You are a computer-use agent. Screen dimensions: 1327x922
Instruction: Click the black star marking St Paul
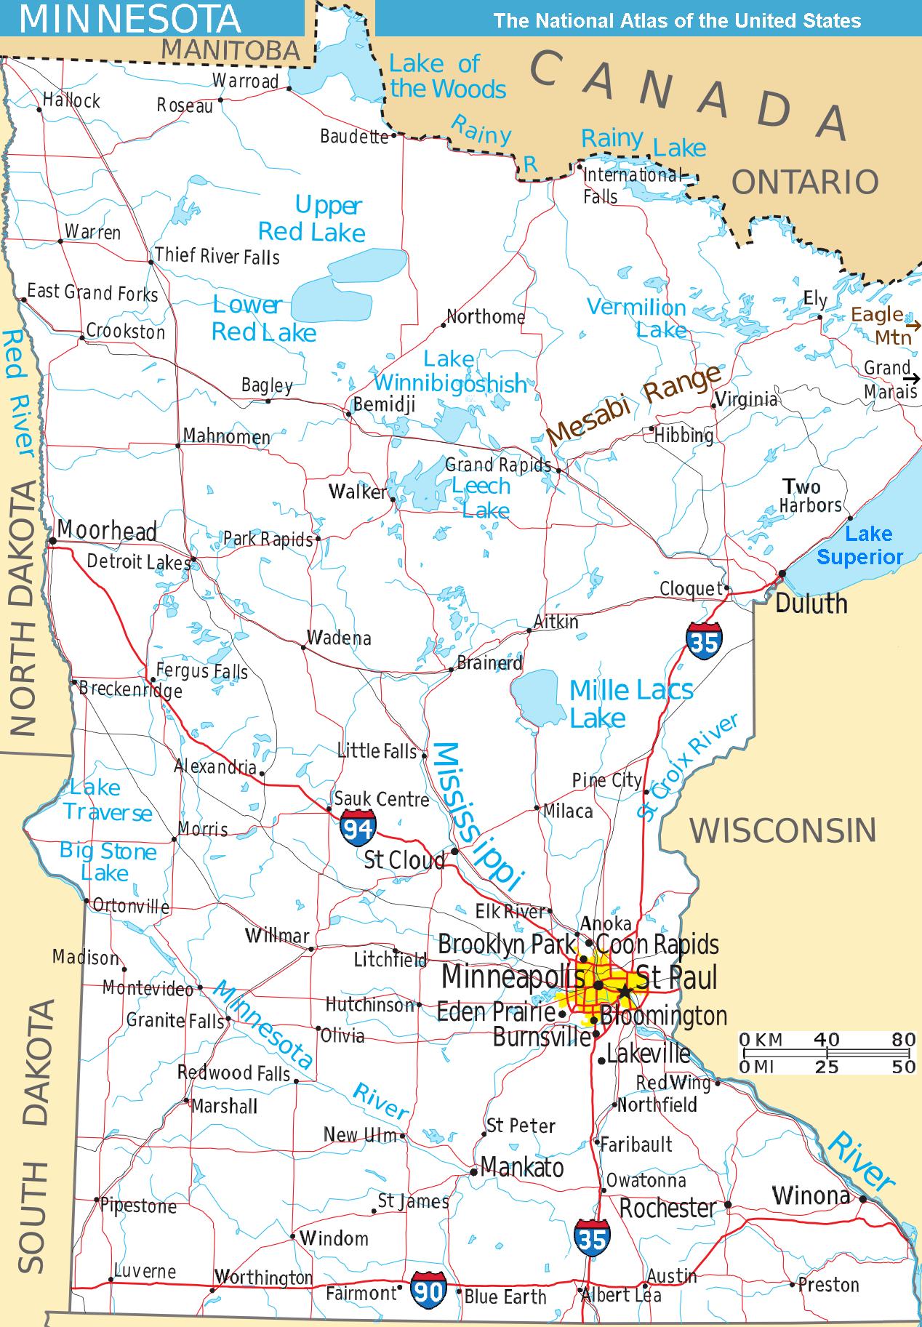point(625,992)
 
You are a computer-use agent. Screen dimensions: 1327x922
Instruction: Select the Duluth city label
point(811,604)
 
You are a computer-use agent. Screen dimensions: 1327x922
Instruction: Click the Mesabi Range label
point(633,405)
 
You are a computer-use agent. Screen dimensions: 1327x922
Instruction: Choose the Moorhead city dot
point(52,541)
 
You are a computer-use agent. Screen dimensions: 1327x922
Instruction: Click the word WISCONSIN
point(783,830)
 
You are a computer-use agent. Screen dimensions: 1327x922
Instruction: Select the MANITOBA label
point(230,51)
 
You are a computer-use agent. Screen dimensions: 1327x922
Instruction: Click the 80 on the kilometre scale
point(903,1040)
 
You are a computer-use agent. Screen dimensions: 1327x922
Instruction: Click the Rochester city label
point(668,1208)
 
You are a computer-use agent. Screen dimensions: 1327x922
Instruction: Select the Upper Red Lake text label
point(313,219)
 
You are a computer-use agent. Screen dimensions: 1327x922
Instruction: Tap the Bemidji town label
point(384,404)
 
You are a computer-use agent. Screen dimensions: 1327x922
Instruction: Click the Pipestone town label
point(138,1206)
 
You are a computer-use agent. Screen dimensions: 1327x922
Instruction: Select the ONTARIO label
point(805,182)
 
